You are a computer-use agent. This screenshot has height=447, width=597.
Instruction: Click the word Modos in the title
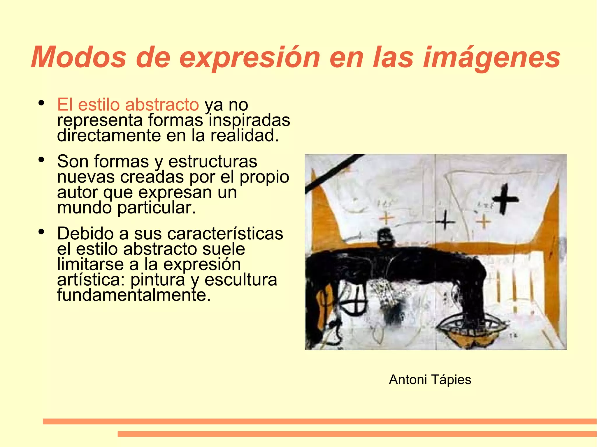79,57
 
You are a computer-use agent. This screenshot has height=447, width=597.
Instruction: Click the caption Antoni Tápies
430,380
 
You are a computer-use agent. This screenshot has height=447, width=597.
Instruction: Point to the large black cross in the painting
505,199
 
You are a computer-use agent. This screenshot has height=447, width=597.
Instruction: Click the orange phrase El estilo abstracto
128,105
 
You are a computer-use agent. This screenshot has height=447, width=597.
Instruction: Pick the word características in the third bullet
208,234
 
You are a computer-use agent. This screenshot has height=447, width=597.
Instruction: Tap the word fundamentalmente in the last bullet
134,295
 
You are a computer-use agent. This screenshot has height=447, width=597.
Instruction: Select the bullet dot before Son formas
41,160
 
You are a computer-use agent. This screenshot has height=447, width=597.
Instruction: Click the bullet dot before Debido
41,232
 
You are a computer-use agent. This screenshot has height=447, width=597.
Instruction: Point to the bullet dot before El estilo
41,103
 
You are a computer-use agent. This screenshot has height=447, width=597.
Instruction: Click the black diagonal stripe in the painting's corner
332,174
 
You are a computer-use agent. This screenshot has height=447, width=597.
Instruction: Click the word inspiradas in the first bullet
250,120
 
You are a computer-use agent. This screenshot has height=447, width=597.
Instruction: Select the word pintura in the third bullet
158,280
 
